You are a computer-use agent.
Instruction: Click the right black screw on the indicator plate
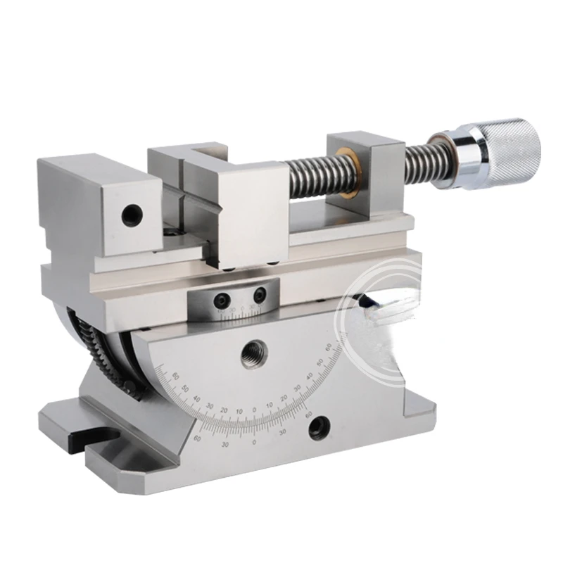coord(261,292)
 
